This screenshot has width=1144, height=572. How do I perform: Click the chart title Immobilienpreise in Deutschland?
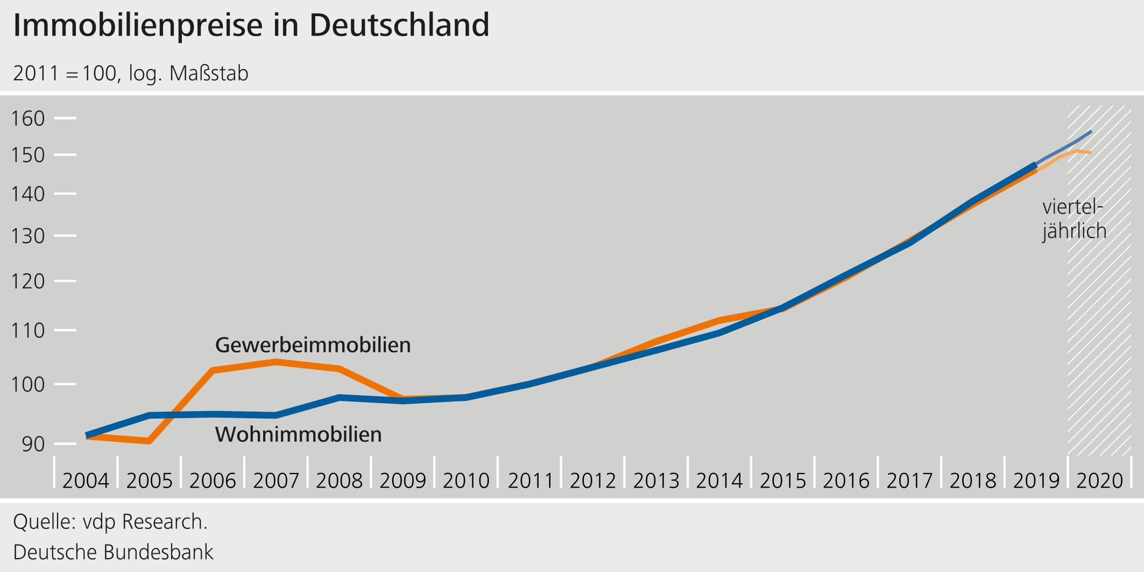click(251, 25)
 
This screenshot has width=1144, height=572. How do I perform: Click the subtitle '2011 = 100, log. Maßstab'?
click(131, 74)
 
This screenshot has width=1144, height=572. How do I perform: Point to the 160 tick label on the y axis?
click(28, 118)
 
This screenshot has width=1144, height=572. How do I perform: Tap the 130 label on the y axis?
click(28, 236)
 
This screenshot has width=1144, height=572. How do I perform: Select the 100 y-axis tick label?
click(28, 385)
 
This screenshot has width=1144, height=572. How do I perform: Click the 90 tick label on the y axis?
click(33, 444)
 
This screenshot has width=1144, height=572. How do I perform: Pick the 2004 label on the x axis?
click(86, 481)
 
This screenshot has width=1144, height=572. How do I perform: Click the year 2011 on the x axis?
click(531, 481)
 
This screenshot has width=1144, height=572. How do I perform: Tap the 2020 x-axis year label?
click(1099, 481)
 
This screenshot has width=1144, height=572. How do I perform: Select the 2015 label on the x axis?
click(783, 481)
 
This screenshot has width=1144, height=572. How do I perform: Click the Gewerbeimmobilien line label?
click(313, 345)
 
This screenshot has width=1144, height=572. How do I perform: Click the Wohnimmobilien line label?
click(299, 434)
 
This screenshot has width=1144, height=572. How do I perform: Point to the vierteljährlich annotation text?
click(1074, 219)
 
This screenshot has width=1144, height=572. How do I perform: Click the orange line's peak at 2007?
click(276, 362)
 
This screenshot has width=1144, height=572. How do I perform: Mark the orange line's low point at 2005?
click(149, 441)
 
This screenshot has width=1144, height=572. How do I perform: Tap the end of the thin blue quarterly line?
click(1091, 131)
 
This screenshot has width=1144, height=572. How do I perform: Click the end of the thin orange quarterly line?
click(1090, 153)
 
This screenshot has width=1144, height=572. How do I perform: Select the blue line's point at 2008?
click(340, 397)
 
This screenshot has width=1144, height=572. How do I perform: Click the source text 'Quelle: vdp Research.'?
click(110, 522)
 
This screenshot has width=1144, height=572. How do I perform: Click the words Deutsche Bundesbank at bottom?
click(113, 553)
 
